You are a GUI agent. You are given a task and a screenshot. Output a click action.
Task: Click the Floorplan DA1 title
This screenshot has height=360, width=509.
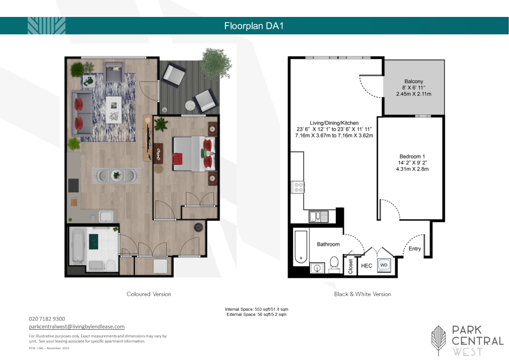254,26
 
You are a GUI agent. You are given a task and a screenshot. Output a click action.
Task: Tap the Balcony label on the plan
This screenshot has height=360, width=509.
414,81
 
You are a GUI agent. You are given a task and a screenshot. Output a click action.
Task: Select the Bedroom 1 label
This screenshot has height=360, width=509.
412,156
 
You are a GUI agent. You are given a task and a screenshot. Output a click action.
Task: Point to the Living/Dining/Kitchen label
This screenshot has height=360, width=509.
334,123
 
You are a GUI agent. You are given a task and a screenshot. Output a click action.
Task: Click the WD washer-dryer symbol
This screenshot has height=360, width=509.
384,265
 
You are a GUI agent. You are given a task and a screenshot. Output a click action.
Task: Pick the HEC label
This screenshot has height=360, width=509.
367,266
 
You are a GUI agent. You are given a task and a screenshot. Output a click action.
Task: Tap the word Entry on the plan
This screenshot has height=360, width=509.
415,249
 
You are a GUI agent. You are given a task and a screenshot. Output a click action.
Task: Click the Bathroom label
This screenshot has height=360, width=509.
328,244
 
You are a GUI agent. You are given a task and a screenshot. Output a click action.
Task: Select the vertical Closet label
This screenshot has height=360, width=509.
350,266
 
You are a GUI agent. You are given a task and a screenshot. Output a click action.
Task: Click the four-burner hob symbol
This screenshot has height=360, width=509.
298,187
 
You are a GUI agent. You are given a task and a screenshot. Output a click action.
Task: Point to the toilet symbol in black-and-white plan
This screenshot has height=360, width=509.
334,264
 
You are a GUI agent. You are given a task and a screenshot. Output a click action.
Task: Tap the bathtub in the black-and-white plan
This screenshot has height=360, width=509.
301,247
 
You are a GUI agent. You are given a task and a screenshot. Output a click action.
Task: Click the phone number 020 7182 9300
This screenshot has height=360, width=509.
47,319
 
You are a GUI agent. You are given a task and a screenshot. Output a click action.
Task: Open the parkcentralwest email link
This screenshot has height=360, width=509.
76,327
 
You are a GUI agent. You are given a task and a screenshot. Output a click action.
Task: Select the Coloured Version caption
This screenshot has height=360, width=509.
149,294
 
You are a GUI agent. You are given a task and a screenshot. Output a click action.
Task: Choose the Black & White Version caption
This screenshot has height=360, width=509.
362,294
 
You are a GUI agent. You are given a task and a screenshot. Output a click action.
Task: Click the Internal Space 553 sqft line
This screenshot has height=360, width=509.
256,309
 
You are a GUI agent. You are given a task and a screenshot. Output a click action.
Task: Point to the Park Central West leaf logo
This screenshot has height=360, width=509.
438,340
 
